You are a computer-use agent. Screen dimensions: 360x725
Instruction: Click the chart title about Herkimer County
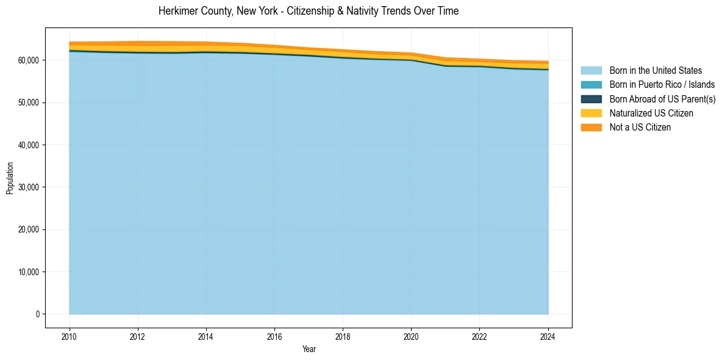click(x=308, y=11)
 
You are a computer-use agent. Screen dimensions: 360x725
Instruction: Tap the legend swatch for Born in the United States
click(x=591, y=71)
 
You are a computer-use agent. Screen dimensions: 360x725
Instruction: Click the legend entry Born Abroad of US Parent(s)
click(x=662, y=99)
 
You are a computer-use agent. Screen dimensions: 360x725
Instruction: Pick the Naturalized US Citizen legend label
click(x=651, y=113)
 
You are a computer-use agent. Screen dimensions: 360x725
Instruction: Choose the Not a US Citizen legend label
click(x=640, y=127)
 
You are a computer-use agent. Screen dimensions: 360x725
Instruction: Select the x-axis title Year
click(x=309, y=349)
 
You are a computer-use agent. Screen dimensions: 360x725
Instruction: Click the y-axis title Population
click(x=10, y=178)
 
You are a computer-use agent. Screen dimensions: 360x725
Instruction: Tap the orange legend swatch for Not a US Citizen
click(x=591, y=127)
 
